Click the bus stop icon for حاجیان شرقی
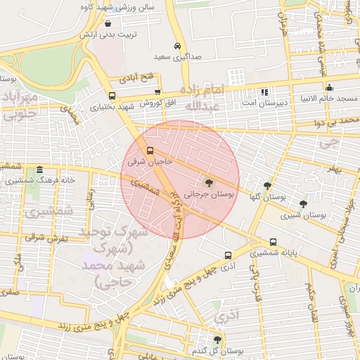(x=149, y=150)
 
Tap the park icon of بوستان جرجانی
(x=210, y=182)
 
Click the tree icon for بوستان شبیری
(x=303, y=204)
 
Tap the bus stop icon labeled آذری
(x=227, y=256)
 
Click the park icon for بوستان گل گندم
(x=217, y=340)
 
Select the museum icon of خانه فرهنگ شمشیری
(x=39, y=170)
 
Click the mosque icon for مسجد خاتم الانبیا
(x=329, y=88)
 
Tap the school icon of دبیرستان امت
(x=264, y=92)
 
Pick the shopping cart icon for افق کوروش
(x=157, y=91)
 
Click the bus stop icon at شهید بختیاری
(x=112, y=96)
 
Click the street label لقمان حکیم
(x=309, y=300)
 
